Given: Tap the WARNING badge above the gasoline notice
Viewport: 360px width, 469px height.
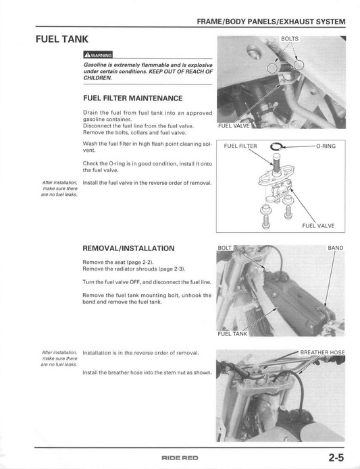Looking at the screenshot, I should (98, 55).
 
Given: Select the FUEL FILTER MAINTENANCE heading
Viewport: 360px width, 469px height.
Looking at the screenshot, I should (132, 98).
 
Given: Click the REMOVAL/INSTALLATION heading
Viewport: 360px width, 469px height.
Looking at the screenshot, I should (128, 248).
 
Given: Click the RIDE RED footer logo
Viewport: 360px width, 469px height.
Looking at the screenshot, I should (180, 458).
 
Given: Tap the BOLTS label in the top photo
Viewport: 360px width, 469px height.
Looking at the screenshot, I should (289, 39).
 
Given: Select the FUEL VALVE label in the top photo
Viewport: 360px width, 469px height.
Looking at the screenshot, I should (234, 126).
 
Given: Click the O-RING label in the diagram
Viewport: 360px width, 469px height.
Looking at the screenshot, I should (325, 146).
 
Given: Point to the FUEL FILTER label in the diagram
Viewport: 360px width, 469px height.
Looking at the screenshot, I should (240, 146).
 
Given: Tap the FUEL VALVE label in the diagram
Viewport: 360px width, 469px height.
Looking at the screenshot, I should (317, 226).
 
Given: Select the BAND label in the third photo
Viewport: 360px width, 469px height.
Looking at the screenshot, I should (335, 248).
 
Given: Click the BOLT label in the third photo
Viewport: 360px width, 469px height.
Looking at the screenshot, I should (225, 248).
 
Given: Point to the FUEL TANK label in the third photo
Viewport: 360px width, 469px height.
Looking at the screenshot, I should (233, 333).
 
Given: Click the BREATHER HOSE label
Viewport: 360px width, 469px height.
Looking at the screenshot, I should (322, 352).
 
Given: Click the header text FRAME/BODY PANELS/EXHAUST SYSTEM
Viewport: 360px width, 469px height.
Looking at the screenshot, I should (275, 23).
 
